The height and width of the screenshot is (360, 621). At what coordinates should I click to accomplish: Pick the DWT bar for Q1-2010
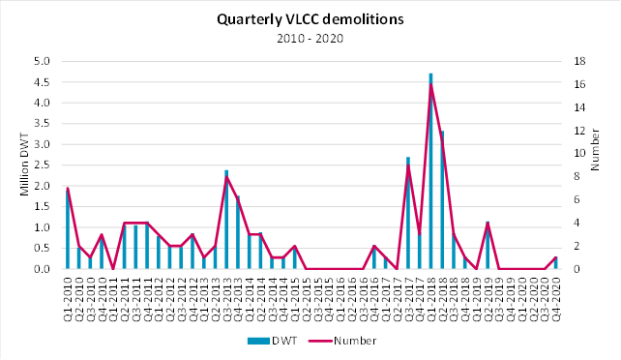[x=68, y=229]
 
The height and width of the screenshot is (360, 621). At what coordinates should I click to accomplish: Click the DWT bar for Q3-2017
[x=408, y=213]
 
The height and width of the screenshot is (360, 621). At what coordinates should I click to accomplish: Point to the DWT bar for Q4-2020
[x=555, y=262]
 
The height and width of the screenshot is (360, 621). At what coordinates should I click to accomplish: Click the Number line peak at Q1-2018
[x=430, y=83]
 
